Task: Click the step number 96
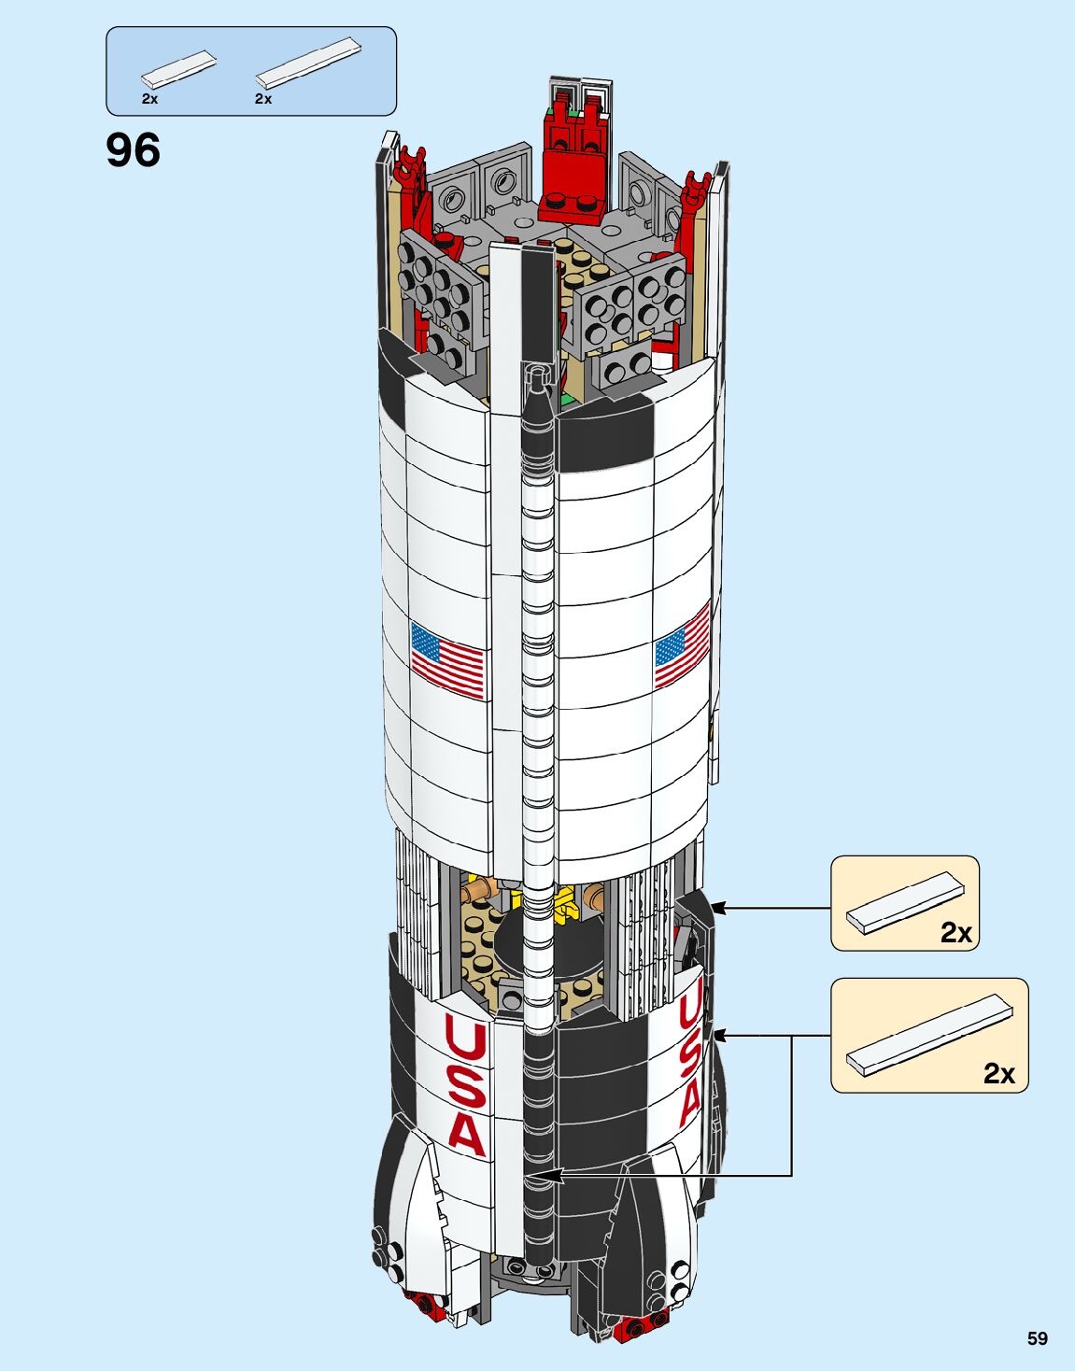[134, 150]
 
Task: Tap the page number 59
[1037, 1338]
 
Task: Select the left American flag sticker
[447, 659]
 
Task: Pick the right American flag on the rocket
[683, 645]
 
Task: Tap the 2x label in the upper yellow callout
[955, 932]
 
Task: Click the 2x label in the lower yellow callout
[998, 1074]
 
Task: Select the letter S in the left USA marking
[466, 1085]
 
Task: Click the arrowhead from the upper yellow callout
[718, 907]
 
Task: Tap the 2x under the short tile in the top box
[149, 98]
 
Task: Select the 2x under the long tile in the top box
[262, 98]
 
